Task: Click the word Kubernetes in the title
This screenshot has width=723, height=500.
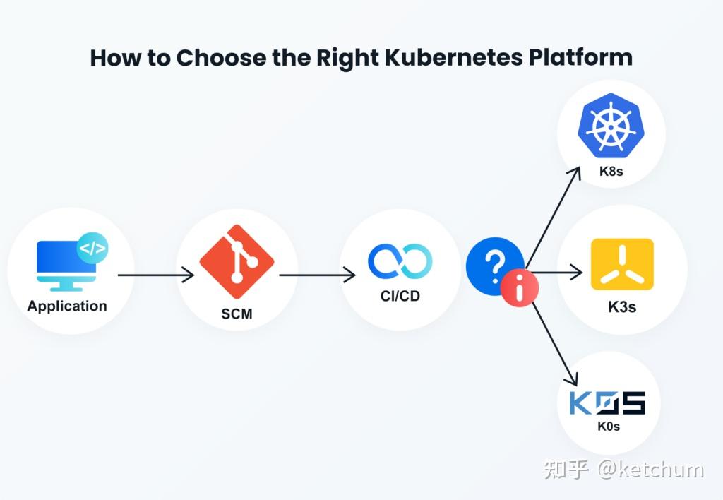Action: (x=454, y=58)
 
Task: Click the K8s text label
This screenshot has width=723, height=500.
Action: (x=611, y=172)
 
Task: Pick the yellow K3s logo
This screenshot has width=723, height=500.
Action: (x=622, y=264)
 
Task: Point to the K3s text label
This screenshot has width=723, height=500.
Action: (x=622, y=307)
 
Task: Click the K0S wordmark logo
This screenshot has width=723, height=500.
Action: (x=608, y=403)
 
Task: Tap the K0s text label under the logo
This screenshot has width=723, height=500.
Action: (x=609, y=426)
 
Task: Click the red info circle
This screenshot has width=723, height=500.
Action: (x=520, y=287)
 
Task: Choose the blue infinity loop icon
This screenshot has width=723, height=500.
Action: (x=400, y=261)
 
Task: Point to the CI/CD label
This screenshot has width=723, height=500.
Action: (x=400, y=296)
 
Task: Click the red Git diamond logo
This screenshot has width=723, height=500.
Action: (x=237, y=261)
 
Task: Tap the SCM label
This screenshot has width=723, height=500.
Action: (x=237, y=314)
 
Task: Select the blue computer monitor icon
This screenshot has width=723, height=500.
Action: (x=66, y=266)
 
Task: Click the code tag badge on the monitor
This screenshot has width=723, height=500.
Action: (x=92, y=248)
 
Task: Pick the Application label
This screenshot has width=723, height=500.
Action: (x=67, y=306)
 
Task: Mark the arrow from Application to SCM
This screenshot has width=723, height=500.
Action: (x=156, y=275)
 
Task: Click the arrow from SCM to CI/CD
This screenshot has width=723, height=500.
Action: (x=317, y=275)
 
